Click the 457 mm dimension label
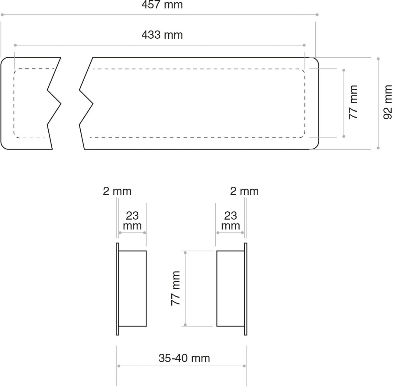(162, 5)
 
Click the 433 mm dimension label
(162, 35)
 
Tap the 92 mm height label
(387, 102)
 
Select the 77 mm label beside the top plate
(353, 102)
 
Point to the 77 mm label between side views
(176, 288)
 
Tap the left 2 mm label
(117, 191)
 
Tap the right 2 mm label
(244, 191)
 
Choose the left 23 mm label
(132, 220)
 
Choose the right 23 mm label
(231, 220)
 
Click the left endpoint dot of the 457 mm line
(2, 15)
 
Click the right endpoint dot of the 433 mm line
(304, 45)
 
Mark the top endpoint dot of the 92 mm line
(378, 59)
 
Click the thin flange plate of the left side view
(117, 289)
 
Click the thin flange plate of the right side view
(246, 289)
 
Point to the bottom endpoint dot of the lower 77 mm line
(185, 325)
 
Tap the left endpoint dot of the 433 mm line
(15, 45)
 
